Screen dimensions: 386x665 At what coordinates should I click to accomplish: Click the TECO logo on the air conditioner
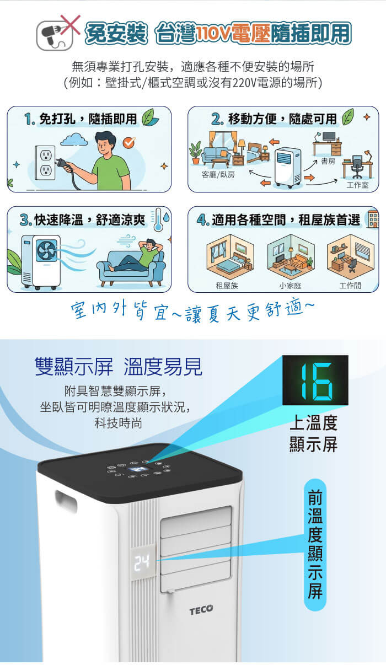(x=201, y=610)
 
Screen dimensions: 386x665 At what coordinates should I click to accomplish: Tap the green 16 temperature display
(x=315, y=380)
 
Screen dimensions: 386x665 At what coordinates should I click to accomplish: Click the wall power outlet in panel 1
(x=45, y=163)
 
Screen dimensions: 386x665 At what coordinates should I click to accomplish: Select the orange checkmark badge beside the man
(x=130, y=142)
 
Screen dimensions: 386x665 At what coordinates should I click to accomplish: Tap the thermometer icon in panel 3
(x=158, y=219)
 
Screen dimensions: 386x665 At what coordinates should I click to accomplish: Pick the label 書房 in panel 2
(x=329, y=161)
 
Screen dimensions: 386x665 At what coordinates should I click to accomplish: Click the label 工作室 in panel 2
(x=357, y=185)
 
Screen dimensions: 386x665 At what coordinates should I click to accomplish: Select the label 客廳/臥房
(x=218, y=175)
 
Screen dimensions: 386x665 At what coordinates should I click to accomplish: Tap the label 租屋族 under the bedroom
(x=227, y=286)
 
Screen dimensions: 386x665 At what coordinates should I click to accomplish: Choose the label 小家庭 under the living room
(x=290, y=286)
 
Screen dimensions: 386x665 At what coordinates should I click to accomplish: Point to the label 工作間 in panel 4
(x=350, y=286)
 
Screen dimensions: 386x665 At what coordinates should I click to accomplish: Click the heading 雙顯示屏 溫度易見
(x=119, y=367)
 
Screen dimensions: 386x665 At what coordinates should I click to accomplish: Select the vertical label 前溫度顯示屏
(x=315, y=544)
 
